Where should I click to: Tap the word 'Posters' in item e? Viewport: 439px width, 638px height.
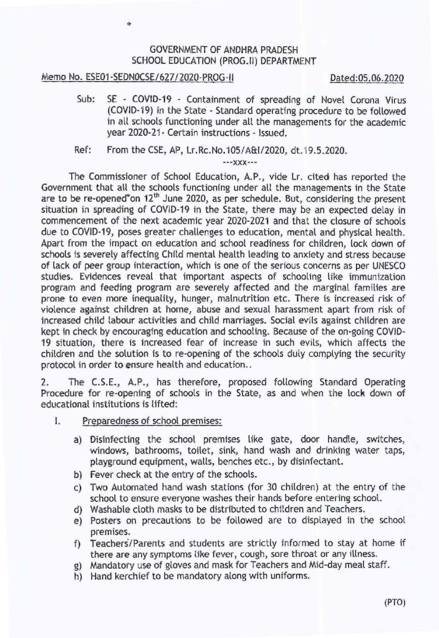105,520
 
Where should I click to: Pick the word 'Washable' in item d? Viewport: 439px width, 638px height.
110,508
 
